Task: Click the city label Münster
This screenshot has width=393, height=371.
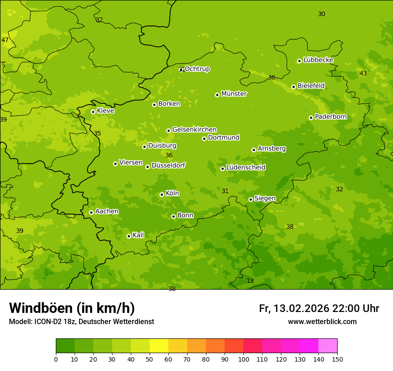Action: (234, 94)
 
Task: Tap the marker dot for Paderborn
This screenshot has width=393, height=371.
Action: (311, 118)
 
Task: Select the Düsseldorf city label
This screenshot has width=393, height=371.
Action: (168, 165)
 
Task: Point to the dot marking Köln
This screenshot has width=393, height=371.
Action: (162, 194)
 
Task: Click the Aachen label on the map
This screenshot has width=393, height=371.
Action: (107, 211)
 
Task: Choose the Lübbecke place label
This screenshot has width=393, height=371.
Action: (318, 60)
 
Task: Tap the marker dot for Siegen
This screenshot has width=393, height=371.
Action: (251, 199)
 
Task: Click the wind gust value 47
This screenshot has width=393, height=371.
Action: (5, 40)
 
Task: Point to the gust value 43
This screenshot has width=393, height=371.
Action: (363, 73)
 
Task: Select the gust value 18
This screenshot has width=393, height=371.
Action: (250, 281)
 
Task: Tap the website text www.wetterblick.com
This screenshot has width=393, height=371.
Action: (322, 321)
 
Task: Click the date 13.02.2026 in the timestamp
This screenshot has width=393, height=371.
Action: (301, 308)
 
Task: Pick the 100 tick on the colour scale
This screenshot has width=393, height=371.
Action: (243, 359)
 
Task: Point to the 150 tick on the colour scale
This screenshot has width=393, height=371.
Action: (337, 359)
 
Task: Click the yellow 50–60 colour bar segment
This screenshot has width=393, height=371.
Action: (159, 346)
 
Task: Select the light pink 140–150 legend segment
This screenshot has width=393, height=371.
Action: (328, 346)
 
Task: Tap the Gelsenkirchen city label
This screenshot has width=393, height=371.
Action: (194, 130)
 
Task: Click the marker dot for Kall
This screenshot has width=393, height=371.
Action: (129, 236)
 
